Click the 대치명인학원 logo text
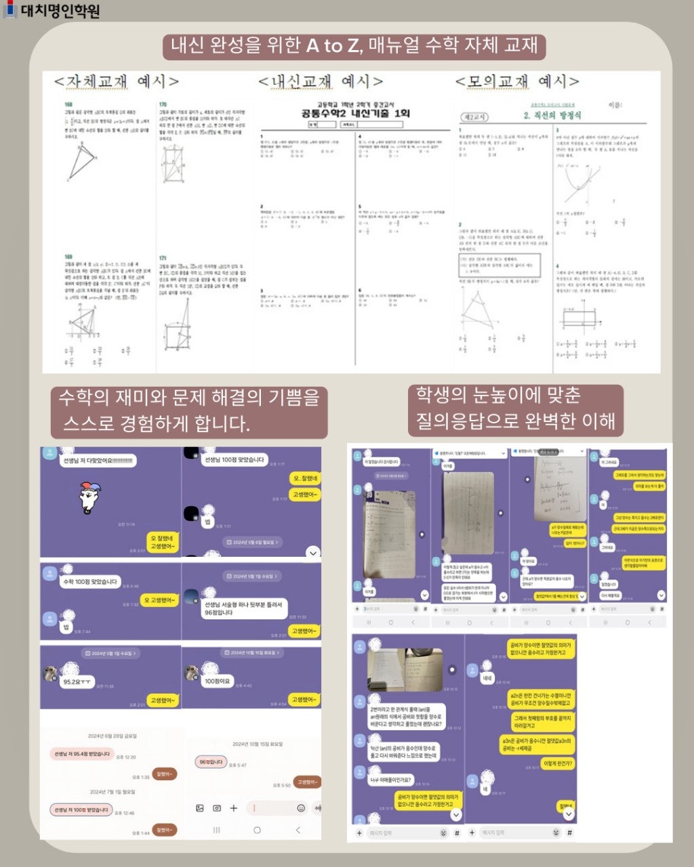point(60,11)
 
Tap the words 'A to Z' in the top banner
point(334,45)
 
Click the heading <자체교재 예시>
point(117,81)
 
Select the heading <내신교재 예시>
point(321,81)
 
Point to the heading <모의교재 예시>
point(517,81)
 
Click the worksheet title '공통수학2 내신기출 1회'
point(355,113)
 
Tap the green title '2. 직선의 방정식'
point(552,116)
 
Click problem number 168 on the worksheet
point(68,104)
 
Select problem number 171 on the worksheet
point(163,258)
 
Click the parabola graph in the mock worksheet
point(579,179)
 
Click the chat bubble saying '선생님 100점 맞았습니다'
point(234,460)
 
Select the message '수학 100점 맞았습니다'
point(90,582)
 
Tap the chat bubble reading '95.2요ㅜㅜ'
point(77,681)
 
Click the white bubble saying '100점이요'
point(217,681)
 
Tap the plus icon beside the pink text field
point(234,808)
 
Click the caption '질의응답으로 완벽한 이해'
point(515,421)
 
